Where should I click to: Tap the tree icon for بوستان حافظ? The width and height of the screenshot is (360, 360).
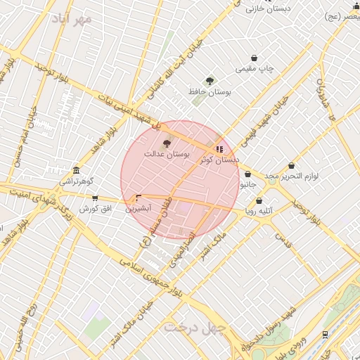point(209,82)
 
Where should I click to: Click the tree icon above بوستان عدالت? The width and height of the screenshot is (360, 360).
point(167,143)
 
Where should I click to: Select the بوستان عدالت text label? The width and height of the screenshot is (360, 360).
point(167,153)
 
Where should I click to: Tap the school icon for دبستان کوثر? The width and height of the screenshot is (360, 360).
point(219,150)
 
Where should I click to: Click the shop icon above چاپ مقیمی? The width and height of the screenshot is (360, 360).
point(254,58)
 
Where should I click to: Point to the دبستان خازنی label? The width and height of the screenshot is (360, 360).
point(264,8)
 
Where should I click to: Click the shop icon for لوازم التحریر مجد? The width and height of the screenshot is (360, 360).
point(292,166)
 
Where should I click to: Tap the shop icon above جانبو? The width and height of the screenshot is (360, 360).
point(247,175)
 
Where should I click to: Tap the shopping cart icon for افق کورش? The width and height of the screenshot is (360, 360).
point(95,199)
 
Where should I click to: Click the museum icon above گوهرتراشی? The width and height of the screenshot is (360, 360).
point(76,171)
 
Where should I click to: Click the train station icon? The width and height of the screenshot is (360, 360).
point(325,335)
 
